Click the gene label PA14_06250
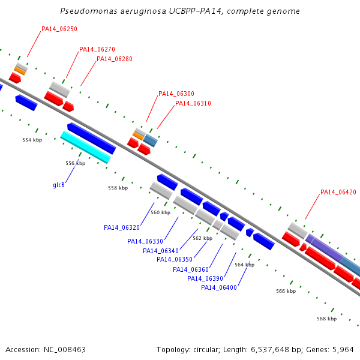point(59,29)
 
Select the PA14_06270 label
point(97,49)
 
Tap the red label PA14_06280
point(115,59)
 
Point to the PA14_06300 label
point(176,94)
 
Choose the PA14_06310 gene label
point(193,103)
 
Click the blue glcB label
point(59,185)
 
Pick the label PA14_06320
point(122,227)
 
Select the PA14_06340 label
point(161,251)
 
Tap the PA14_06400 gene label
point(219,287)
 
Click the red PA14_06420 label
point(338,192)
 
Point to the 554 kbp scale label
point(32,140)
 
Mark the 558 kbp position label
point(118,188)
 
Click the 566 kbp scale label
point(286,291)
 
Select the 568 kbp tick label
point(327,319)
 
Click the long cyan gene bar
point(85,147)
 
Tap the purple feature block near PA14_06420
point(324,248)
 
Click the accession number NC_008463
point(65,350)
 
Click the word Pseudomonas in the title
point(89,11)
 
